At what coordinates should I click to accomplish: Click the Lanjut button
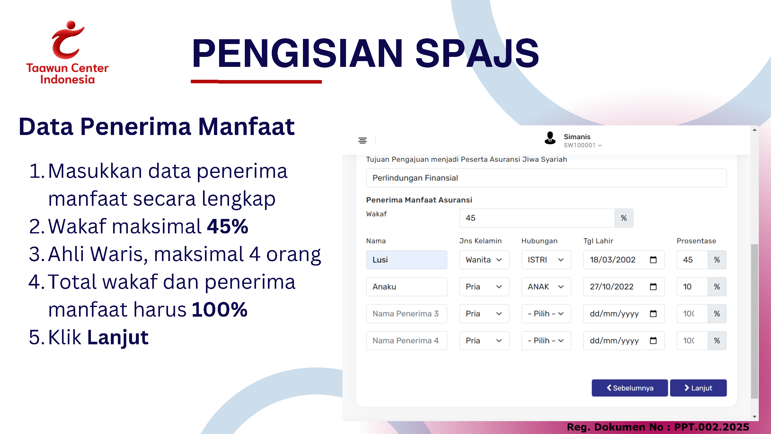click(x=698, y=388)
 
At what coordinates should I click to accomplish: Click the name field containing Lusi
click(x=406, y=260)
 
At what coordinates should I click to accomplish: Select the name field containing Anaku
click(x=406, y=287)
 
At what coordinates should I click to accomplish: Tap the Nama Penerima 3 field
click(x=406, y=314)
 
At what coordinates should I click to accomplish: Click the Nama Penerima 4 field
click(x=406, y=341)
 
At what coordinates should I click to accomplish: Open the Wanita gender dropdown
click(x=484, y=260)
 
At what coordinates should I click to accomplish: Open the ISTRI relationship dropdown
click(x=546, y=260)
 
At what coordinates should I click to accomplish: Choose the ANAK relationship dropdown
click(x=546, y=287)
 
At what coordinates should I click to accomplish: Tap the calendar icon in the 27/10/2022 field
click(x=653, y=287)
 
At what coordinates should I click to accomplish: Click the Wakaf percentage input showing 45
click(x=537, y=218)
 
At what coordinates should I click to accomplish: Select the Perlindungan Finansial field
click(x=546, y=178)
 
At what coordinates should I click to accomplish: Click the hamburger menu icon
click(x=363, y=140)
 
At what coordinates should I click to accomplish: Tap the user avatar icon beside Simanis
click(x=550, y=138)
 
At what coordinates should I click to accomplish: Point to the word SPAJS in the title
click(x=477, y=53)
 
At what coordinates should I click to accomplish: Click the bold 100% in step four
click(x=220, y=310)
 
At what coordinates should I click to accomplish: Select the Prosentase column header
click(x=696, y=241)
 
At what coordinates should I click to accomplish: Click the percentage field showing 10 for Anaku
click(x=692, y=287)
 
